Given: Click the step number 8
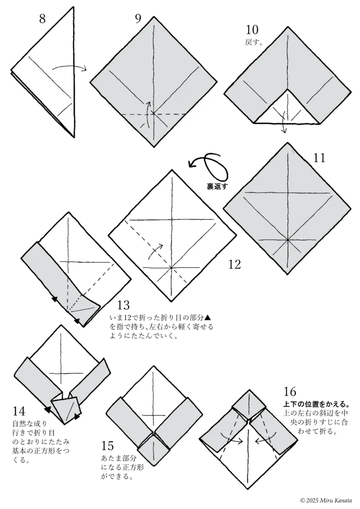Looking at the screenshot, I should pos(42,19).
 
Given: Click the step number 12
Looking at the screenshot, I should pos(234,264).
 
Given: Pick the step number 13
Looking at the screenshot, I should pos(123,305).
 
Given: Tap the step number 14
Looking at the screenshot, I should pos(19,411).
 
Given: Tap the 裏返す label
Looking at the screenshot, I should pos(217,187).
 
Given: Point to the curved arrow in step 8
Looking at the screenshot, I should pos(70,68).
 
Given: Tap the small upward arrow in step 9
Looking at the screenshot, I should pos(148,108).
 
